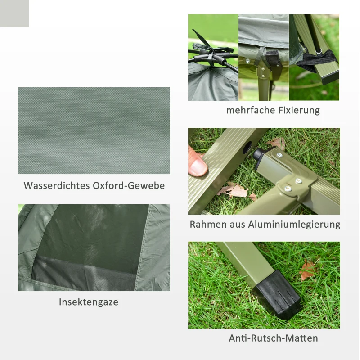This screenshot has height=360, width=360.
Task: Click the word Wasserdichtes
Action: [x=56, y=185]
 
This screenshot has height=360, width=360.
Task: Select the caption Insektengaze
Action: [x=89, y=302]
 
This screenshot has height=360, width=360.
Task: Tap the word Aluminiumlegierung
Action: [x=294, y=224]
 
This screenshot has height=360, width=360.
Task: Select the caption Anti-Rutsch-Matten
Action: [x=273, y=338]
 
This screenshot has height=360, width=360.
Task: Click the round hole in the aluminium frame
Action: [x=247, y=148]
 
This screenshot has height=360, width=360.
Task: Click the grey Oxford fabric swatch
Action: [x=94, y=130]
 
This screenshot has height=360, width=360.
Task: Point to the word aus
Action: [x=237, y=224]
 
